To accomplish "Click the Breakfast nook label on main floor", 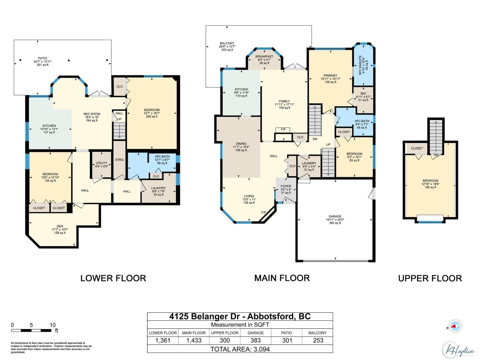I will pos(264,59).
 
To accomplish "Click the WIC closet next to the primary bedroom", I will pos(363,97).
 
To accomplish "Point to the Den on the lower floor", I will pos(60,229).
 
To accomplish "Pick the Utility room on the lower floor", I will pos(101,164).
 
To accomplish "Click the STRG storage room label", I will pos(119,160).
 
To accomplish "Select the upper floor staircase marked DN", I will pos(436,135).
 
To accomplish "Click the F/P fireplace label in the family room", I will pos(283,130).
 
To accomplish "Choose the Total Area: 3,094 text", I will pos(240,349).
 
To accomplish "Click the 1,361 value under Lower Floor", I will pos(163,340).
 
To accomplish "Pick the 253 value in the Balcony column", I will pos(318,340).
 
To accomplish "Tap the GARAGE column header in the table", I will pos(256,333).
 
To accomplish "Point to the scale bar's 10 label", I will pos(52,325).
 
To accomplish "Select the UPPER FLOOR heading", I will pos(430,278).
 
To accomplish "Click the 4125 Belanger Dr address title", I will pos(240,316).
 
